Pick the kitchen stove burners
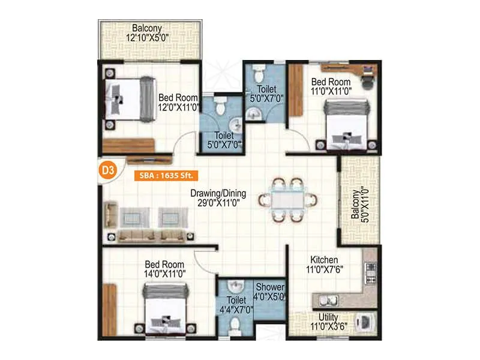371,273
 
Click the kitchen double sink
328,300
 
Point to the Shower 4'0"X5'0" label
269,292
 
